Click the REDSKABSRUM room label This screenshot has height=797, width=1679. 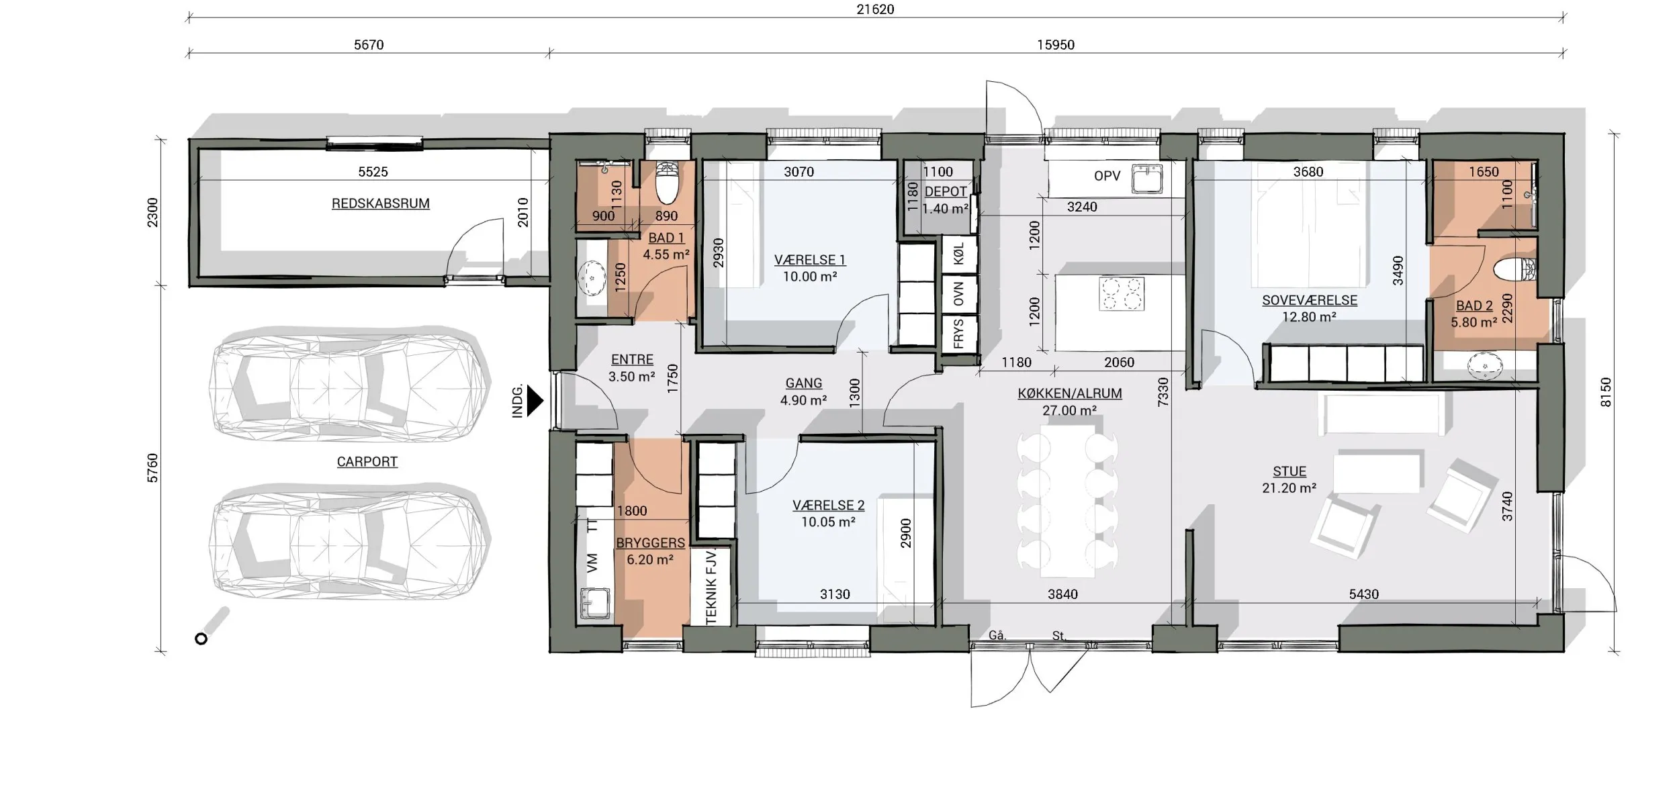click(x=381, y=203)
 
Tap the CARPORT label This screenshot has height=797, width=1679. click(x=367, y=462)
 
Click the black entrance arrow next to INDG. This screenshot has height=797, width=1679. click(x=535, y=401)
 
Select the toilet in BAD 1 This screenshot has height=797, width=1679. click(x=667, y=181)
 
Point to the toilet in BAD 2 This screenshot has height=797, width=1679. click(x=1514, y=271)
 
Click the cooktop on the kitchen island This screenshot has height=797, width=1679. click(x=1121, y=293)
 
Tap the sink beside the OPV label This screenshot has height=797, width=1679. click(x=1148, y=178)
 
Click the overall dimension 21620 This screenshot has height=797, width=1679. click(x=875, y=9)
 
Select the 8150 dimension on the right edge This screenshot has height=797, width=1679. click(x=1605, y=392)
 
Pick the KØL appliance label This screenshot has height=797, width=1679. click(x=958, y=254)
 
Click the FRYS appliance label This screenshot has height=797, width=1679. click(x=958, y=334)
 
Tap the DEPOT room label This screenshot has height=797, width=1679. click(x=946, y=191)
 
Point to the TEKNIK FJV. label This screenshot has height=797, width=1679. click(x=711, y=586)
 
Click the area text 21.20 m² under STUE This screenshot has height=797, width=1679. click(x=1289, y=488)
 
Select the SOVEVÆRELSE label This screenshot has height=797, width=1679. click(x=1310, y=301)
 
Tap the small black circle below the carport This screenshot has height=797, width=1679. click(x=201, y=639)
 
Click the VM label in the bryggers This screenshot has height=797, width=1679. click(x=592, y=563)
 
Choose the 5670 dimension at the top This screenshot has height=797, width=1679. click(x=369, y=45)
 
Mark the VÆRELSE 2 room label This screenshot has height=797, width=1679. click(x=828, y=506)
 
